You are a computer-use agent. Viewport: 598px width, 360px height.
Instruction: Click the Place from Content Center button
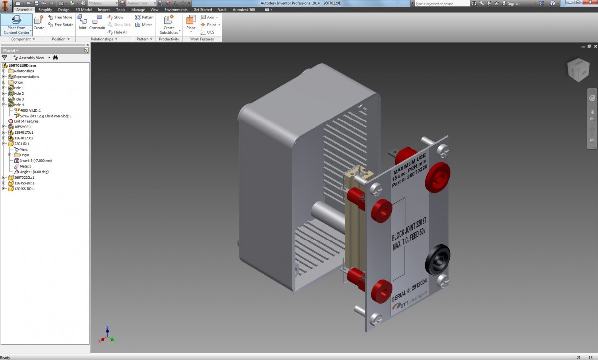[16, 24]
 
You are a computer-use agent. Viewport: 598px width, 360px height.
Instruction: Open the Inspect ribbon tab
[104, 10]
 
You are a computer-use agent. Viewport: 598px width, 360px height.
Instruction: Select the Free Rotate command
[61, 25]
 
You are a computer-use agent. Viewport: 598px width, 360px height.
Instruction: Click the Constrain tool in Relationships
[97, 22]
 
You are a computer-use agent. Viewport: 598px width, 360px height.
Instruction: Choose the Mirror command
[144, 25]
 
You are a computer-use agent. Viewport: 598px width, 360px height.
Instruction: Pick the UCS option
[208, 32]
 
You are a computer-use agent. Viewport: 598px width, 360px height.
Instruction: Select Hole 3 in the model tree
[18, 99]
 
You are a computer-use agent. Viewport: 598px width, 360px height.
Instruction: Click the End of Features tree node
[26, 121]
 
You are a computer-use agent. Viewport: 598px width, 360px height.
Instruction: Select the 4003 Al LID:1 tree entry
[30, 110]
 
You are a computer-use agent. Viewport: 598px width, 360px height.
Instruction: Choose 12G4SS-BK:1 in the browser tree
[24, 183]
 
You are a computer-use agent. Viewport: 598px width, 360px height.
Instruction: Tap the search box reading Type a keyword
[442, 3]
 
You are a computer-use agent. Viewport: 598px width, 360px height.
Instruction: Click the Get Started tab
[202, 10]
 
